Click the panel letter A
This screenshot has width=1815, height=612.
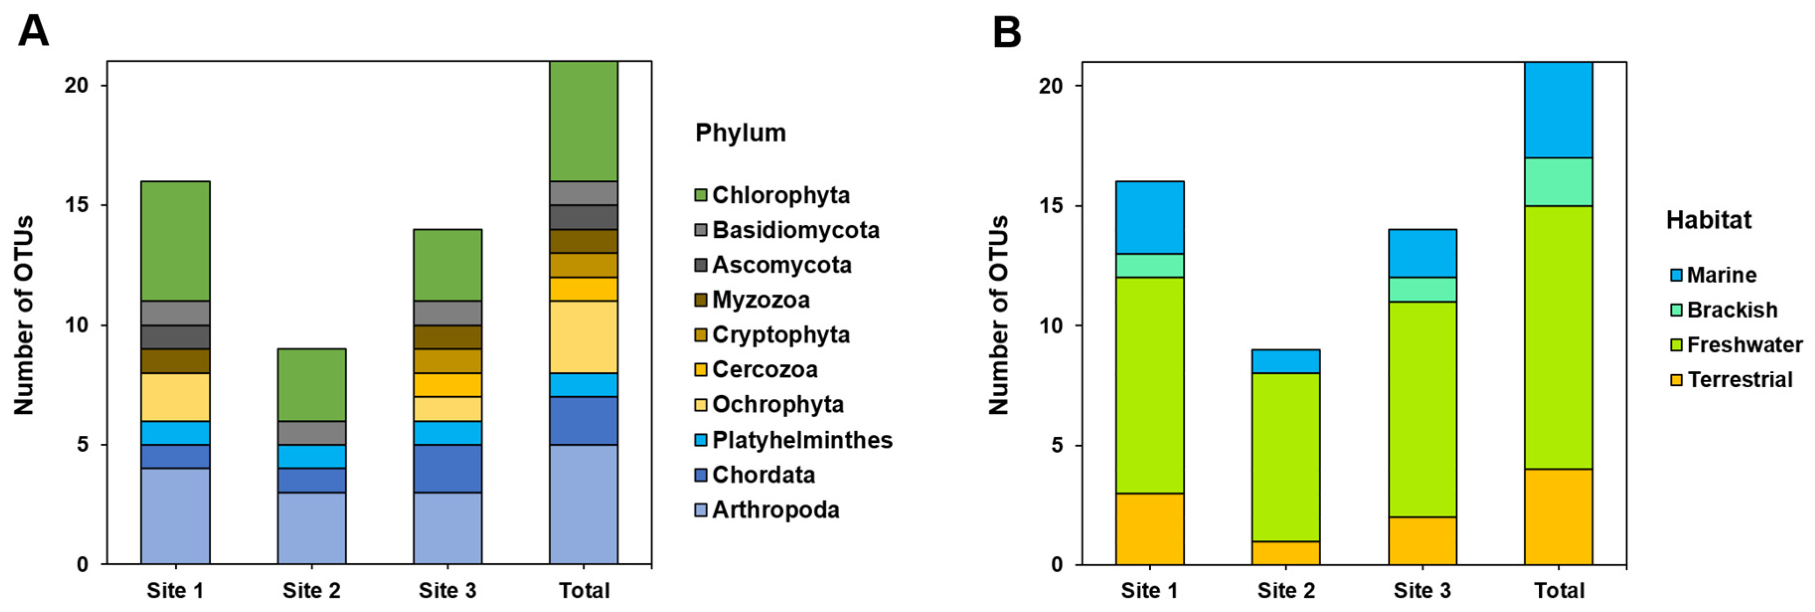[33, 32]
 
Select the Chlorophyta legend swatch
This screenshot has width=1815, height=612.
[701, 195]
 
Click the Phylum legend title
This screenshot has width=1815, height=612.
[740, 133]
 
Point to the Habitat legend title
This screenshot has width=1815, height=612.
[1708, 220]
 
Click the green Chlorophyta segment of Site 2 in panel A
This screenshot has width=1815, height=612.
[312, 385]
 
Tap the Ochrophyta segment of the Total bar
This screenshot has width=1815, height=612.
[583, 337]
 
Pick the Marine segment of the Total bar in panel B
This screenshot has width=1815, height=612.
[1558, 110]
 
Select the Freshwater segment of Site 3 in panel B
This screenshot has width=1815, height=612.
[1422, 408]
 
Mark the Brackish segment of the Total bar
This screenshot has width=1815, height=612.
[1558, 182]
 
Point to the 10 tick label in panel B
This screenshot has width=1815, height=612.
[1050, 326]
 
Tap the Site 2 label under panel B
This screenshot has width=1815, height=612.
[1286, 590]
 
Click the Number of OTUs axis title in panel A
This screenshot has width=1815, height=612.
[24, 315]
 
